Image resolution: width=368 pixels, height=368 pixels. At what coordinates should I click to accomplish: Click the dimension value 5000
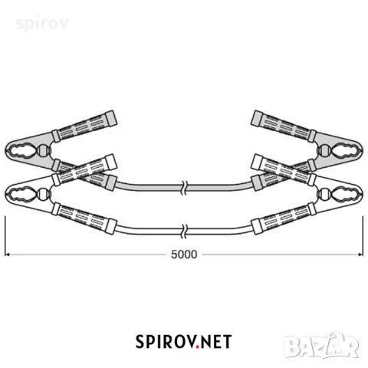point(184,255)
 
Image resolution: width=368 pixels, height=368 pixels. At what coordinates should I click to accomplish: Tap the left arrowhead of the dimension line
point(7,255)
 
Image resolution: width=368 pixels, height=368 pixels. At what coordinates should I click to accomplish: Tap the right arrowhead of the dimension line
point(360,255)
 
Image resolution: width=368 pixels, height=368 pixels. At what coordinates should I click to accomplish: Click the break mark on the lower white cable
point(184,231)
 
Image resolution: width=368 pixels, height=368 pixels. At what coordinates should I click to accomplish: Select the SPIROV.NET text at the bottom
point(183,342)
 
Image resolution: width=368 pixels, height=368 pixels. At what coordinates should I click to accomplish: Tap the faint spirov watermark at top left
point(42,24)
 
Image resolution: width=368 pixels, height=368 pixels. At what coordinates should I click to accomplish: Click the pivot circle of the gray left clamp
point(43,151)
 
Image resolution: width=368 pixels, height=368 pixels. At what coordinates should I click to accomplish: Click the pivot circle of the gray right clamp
point(325,151)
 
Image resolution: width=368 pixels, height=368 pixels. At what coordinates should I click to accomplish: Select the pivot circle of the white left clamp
point(43,194)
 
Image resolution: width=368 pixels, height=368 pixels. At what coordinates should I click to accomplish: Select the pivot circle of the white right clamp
point(325,194)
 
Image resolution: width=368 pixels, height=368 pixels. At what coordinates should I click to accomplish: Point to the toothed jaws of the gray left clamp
point(21,151)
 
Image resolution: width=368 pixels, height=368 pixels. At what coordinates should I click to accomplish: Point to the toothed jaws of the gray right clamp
point(347,151)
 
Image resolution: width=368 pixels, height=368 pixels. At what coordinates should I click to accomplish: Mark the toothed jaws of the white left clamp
point(21,195)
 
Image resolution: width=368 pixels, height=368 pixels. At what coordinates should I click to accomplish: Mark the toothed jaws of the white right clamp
point(347,195)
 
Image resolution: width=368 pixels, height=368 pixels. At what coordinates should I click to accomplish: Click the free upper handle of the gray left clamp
point(84,126)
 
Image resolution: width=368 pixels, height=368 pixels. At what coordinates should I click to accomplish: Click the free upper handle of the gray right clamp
point(284,126)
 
